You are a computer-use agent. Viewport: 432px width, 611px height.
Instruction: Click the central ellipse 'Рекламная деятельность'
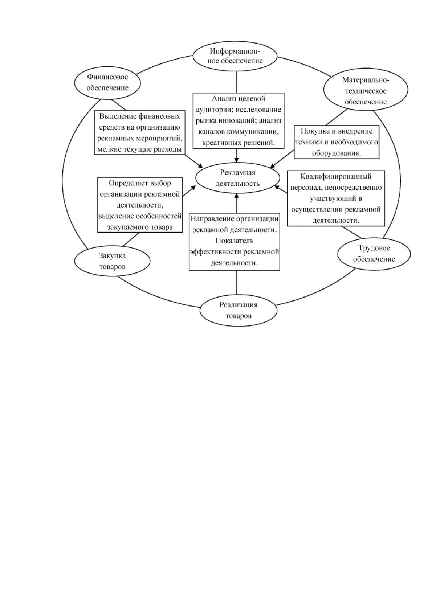(237, 178)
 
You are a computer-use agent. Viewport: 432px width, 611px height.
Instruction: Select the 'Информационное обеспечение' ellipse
(235, 56)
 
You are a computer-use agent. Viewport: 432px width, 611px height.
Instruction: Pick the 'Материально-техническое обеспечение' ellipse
(366, 91)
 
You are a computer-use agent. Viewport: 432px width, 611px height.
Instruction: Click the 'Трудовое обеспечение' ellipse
(374, 253)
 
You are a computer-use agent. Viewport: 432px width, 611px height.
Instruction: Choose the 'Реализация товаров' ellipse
(238, 311)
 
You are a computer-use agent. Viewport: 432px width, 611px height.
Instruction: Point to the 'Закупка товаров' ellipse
(112, 261)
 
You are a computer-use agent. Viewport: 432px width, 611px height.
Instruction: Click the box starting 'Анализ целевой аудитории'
(238, 120)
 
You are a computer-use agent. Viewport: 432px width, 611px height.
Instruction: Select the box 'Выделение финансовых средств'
(139, 132)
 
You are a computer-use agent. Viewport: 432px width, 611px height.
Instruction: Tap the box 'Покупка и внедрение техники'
(337, 142)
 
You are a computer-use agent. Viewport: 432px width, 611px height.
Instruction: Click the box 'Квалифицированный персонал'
(336, 198)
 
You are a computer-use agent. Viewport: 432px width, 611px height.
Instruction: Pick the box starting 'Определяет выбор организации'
(140, 205)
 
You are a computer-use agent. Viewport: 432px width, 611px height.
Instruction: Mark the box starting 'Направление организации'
(235, 242)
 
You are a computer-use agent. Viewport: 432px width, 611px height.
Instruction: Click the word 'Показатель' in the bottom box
(235, 241)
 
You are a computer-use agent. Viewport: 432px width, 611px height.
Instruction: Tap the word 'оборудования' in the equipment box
(335, 153)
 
